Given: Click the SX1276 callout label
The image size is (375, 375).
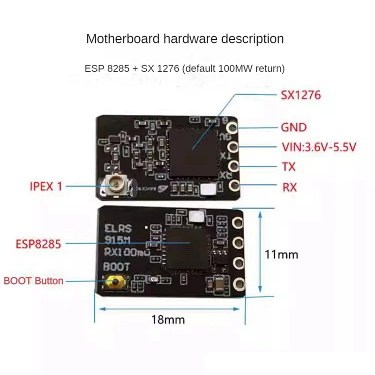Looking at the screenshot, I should [300, 96].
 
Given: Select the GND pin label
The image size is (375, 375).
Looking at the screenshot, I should [293, 127].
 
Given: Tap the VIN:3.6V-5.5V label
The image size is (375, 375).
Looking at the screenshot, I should [319, 147].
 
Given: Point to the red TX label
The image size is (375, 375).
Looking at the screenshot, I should [289, 167].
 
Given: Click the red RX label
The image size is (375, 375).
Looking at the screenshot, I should [289, 187].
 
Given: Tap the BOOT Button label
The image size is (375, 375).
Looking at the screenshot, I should [33, 281].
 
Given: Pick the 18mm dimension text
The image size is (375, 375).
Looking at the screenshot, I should [168, 320].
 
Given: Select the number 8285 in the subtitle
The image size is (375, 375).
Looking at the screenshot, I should [117, 68].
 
